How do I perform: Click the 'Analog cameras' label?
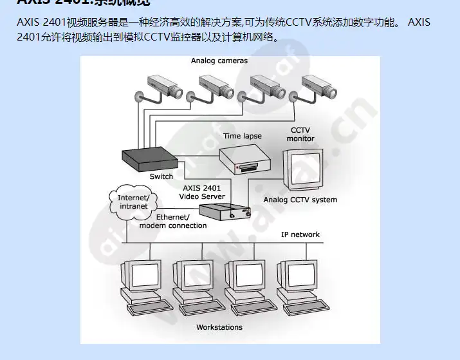coord(219,61)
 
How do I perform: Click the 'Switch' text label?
coord(161,176)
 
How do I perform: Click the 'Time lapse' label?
coord(243,136)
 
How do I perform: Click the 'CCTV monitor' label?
coord(300,134)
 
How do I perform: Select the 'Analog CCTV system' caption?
coord(300,200)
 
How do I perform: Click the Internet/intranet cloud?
coord(133,202)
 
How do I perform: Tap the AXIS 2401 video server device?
coord(224,211)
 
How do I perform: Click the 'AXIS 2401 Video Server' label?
coord(202,192)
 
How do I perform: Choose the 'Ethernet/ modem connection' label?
coord(173,222)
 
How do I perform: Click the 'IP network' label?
coord(300,234)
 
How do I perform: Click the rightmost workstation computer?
coord(297,283)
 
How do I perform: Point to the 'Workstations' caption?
coord(219,327)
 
